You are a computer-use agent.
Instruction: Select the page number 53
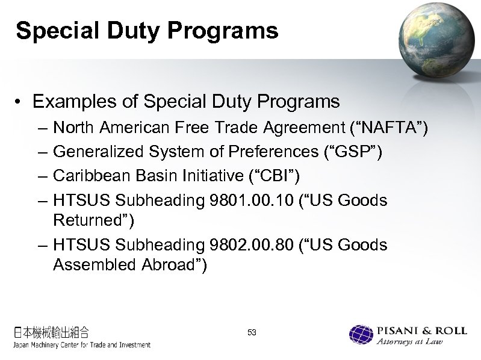(252, 332)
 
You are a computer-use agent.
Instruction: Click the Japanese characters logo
(52, 332)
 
